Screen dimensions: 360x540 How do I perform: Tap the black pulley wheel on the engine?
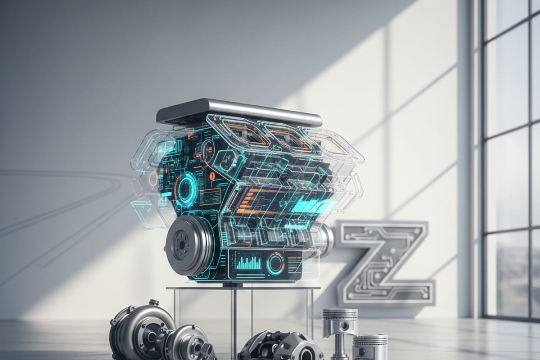point(187,245)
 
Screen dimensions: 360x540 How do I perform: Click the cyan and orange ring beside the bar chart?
point(275,263)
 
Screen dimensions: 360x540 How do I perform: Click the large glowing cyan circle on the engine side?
point(186,189)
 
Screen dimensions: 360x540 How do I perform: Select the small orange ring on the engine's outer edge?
point(153,179)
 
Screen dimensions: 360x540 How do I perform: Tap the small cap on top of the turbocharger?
point(154,303)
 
